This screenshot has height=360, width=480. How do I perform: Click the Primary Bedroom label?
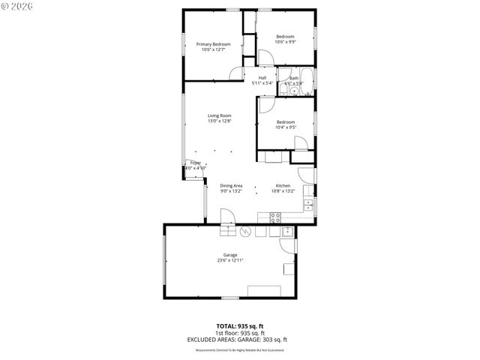213,44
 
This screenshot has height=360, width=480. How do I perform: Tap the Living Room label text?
219,115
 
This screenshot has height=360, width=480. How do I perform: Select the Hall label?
262,77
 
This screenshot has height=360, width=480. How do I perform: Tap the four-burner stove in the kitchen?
275,217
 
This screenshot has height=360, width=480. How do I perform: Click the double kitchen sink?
308,205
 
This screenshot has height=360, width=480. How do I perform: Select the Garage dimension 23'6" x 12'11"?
230,260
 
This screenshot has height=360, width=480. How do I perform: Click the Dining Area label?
231,185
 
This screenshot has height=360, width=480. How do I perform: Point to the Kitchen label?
283,185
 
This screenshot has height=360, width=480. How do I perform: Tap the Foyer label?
195,163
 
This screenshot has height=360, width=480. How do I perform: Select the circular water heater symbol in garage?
242,231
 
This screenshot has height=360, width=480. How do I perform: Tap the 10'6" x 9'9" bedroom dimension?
285,41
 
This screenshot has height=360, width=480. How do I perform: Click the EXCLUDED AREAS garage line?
240,339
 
